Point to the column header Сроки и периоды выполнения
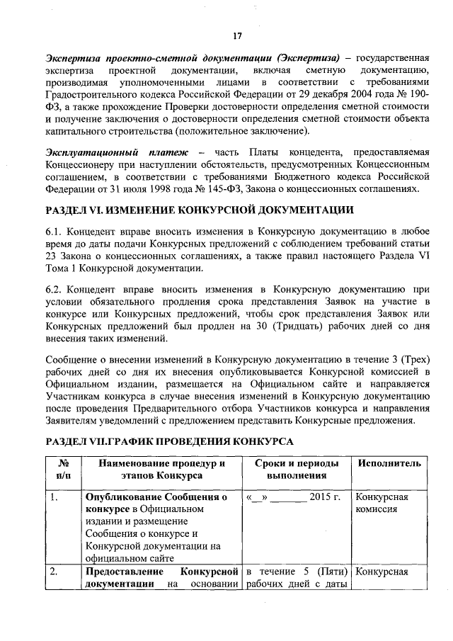tap(297, 470)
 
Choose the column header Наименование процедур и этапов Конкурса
tap(161, 470)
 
